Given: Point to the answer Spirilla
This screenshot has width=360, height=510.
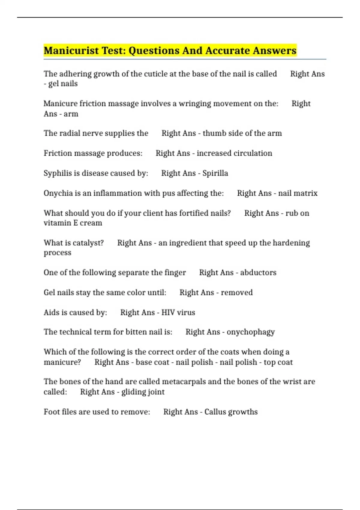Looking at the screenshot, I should click(x=215, y=173).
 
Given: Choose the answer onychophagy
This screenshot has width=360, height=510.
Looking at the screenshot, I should click(x=251, y=332).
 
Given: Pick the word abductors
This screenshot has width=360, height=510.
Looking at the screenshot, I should click(x=258, y=273).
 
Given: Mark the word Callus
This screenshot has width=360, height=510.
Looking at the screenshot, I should click(x=213, y=412).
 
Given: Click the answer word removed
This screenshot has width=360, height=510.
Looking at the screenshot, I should click(x=237, y=292).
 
